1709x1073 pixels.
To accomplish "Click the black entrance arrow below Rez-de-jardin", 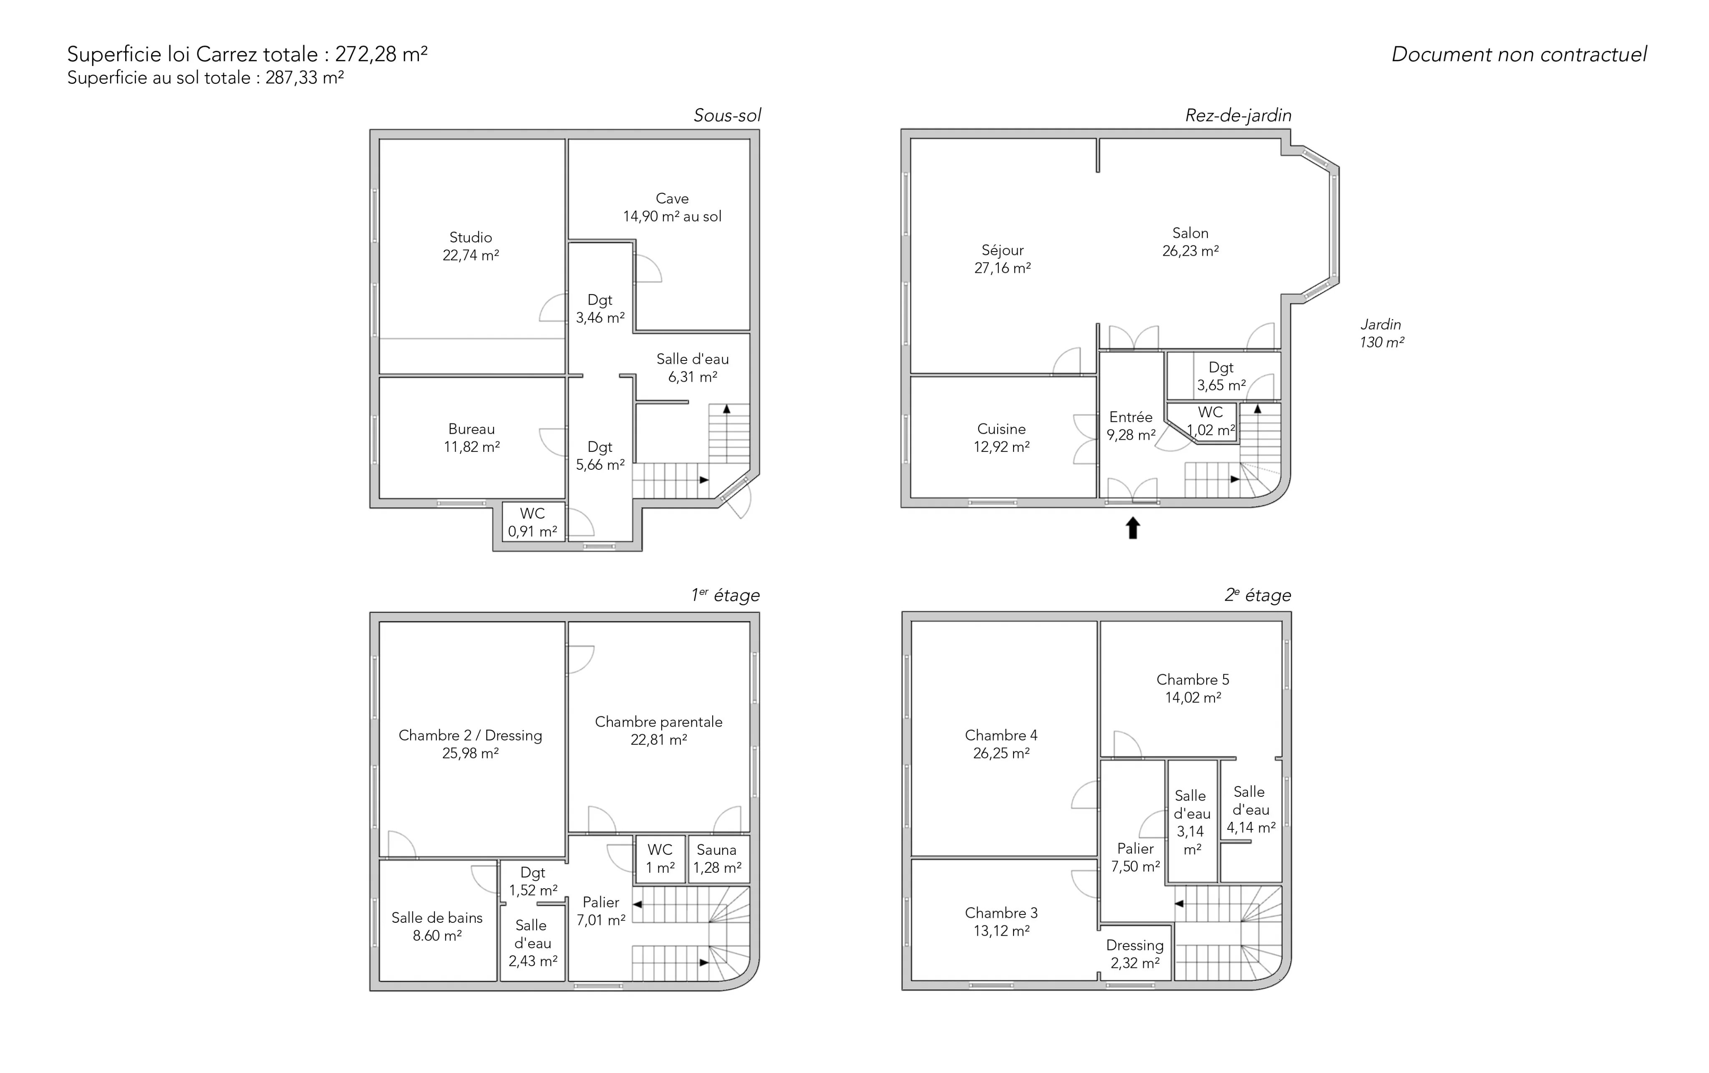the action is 1133,528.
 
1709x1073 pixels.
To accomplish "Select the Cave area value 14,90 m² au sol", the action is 672,217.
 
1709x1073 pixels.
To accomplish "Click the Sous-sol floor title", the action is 727,116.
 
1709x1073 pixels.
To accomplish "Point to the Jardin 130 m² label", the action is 1381,333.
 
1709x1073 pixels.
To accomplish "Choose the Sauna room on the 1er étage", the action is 718,859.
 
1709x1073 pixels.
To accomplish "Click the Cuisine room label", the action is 1001,429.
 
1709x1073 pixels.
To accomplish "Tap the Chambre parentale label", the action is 659,722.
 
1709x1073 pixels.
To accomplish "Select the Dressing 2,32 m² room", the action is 1136,953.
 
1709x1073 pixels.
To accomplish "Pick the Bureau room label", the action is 471,429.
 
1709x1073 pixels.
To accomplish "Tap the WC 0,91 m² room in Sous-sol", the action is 533,521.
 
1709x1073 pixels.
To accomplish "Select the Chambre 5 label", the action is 1193,680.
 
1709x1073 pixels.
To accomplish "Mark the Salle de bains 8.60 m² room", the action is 437,920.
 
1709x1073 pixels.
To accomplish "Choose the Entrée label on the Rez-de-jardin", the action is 1131,417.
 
